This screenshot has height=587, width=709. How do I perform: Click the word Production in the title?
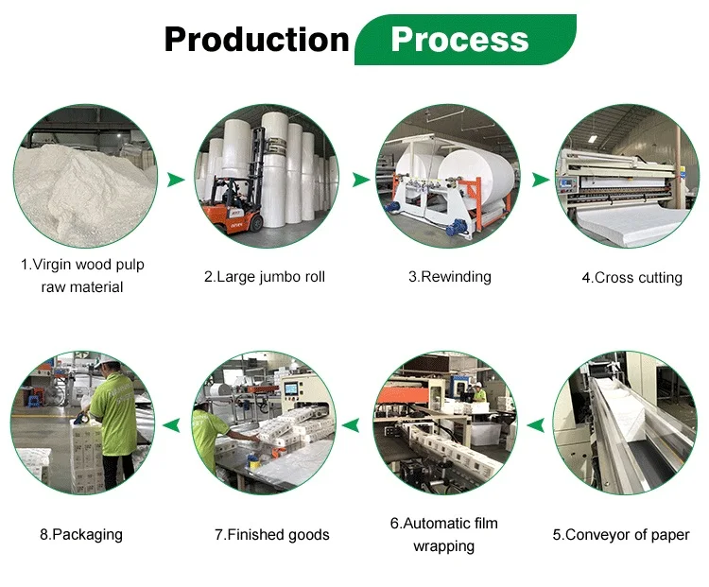click(256, 39)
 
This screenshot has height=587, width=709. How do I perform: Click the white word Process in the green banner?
click(459, 39)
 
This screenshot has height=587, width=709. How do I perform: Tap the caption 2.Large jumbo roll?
click(265, 277)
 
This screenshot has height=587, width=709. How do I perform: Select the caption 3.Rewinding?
click(450, 277)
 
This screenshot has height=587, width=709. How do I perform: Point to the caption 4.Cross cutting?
click(631, 278)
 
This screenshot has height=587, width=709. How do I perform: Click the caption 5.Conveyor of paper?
click(621, 535)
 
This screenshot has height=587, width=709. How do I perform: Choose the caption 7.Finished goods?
click(271, 535)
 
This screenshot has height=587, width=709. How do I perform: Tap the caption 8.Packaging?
click(81, 535)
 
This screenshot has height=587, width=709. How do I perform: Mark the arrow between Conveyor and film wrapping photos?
click(535, 426)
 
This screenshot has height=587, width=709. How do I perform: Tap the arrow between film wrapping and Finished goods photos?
click(353, 426)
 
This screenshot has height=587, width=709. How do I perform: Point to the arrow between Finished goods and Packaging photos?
click(170, 426)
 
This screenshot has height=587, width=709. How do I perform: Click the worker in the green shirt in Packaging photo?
click(113, 425)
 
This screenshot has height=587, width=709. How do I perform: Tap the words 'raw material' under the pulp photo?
click(82, 286)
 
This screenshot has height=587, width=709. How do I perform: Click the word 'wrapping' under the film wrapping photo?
click(444, 546)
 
